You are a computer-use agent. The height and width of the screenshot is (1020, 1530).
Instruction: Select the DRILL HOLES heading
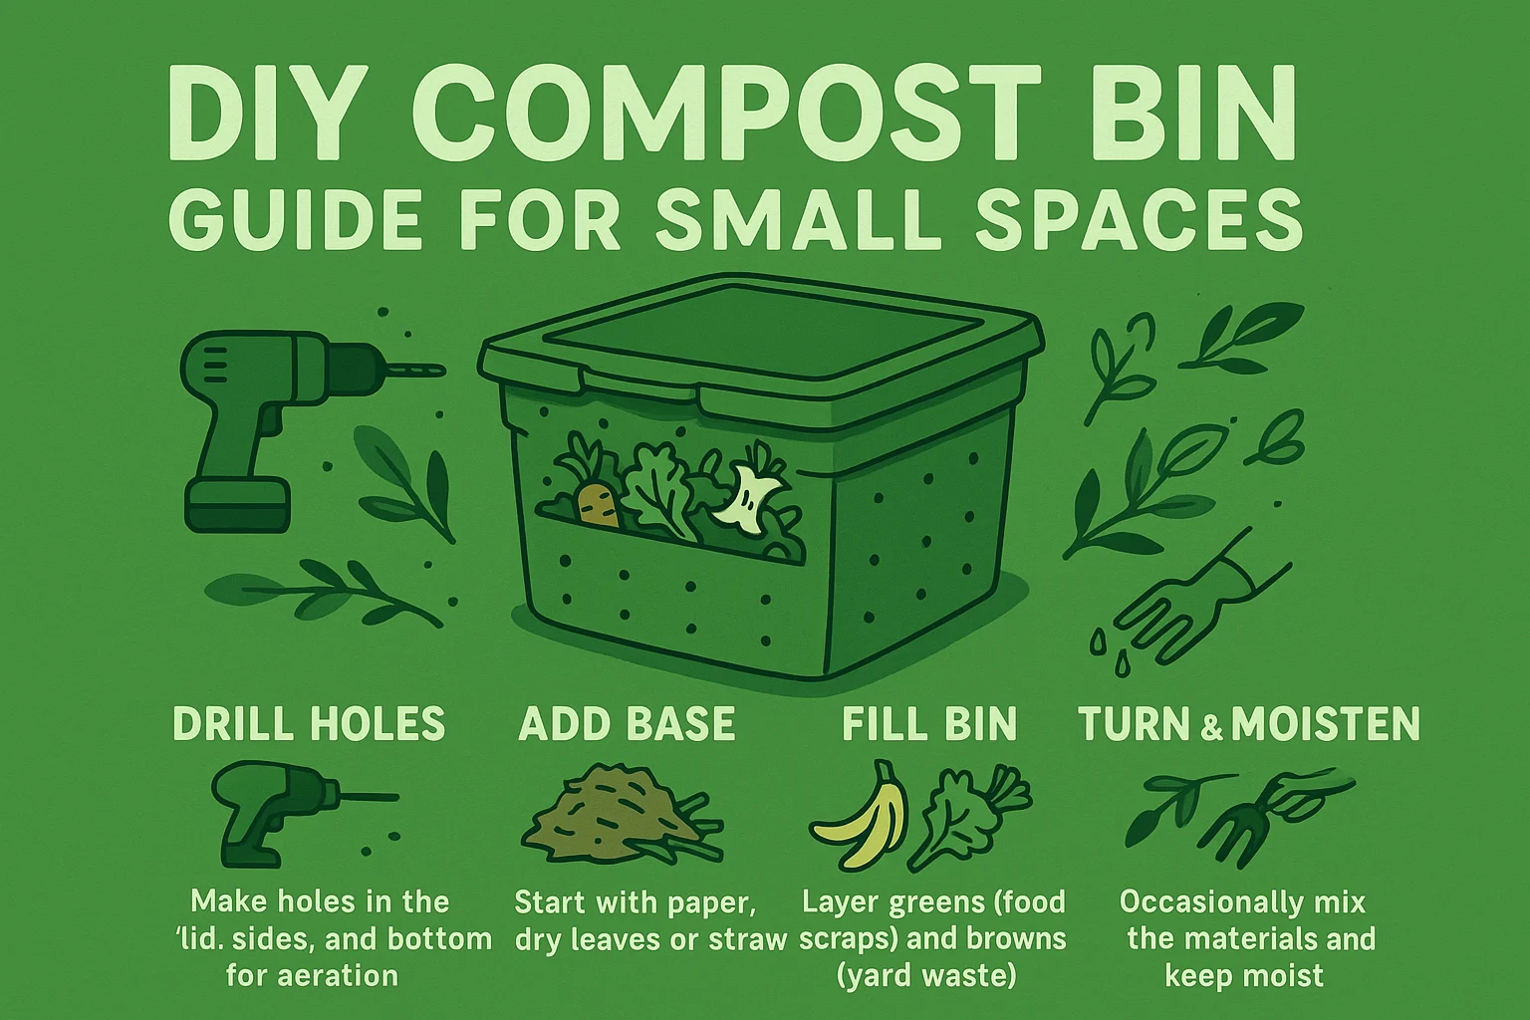pyautogui.click(x=309, y=723)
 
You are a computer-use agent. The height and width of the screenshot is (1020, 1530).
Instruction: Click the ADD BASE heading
pyautogui.click(x=627, y=723)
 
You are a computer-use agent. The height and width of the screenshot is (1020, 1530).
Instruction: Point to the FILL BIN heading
pyautogui.click(x=929, y=723)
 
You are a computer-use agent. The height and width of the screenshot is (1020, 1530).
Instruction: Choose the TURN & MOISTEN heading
pyautogui.click(x=1249, y=723)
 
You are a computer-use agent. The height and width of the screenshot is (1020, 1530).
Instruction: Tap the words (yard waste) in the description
pyautogui.click(x=927, y=976)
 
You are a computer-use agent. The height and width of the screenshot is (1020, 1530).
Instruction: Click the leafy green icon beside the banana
pyautogui.click(x=972, y=818)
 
